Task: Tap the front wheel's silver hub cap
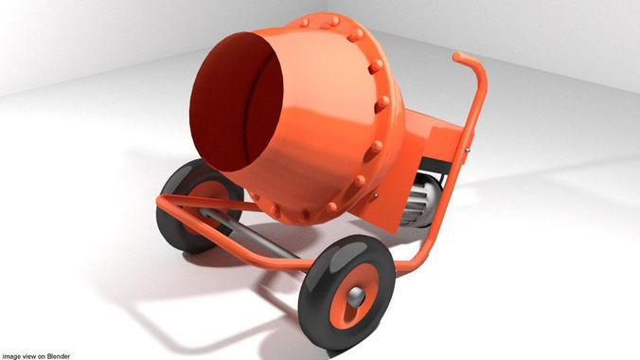coord(355,297)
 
